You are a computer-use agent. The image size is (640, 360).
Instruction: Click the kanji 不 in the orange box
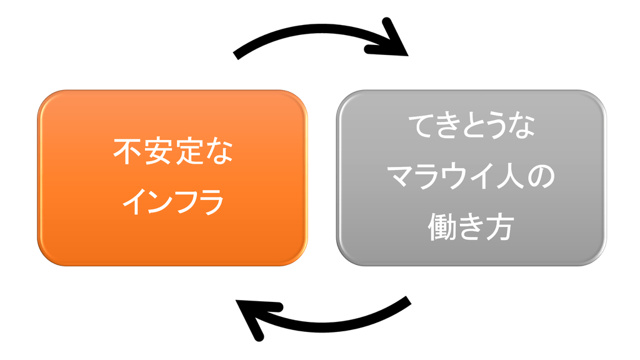[x=127, y=152]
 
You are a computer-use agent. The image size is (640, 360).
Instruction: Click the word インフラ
[x=172, y=202]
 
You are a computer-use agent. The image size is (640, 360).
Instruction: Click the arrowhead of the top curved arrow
[x=394, y=41]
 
